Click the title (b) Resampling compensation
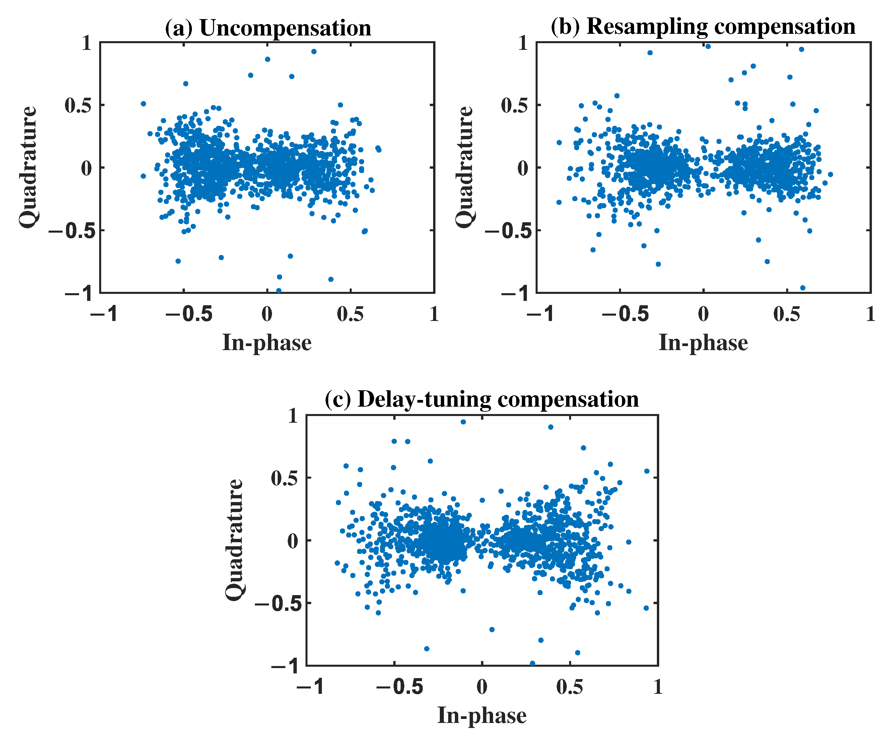click(703, 27)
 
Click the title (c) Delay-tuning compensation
click(482, 399)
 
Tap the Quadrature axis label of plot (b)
click(465, 167)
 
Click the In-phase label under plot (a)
click(267, 342)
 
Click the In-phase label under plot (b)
click(703, 342)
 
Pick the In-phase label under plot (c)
click(482, 715)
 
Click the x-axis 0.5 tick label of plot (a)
click(350, 315)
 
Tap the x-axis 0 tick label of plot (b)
click(703, 315)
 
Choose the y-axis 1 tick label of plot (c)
click(293, 416)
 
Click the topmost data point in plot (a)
click(314, 51)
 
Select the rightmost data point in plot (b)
click(830, 174)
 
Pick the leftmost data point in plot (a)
click(143, 103)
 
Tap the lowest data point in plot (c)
click(532, 663)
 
